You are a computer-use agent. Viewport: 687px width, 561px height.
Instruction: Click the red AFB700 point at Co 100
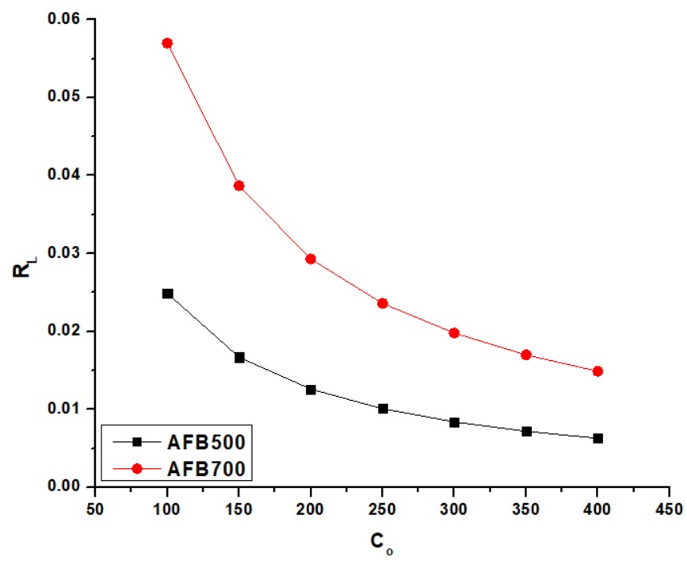167,43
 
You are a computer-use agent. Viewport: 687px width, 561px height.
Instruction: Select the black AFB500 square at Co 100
167,294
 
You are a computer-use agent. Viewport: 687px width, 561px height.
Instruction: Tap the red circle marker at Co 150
239,186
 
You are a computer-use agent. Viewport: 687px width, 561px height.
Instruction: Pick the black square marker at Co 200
311,390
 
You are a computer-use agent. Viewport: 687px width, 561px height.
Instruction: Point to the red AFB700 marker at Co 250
383,303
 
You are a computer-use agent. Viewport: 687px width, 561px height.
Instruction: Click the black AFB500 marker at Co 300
454,423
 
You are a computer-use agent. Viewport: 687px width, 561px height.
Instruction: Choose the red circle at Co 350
526,355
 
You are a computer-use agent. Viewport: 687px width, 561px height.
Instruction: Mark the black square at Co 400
598,438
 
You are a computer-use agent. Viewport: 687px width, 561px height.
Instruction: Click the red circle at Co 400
598,371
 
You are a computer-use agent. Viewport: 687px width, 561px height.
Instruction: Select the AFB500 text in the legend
206,442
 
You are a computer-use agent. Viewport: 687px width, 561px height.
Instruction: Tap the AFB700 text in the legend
206,469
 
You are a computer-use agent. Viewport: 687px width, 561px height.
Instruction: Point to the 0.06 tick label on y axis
64,19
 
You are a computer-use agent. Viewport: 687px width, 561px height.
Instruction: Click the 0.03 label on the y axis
64,253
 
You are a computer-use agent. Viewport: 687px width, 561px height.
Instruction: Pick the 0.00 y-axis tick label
64,486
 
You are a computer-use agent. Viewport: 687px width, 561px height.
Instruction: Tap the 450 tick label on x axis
669,510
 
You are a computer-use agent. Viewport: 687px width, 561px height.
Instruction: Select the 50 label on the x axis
95,510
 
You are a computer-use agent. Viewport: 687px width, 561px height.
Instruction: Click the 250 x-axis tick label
382,510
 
